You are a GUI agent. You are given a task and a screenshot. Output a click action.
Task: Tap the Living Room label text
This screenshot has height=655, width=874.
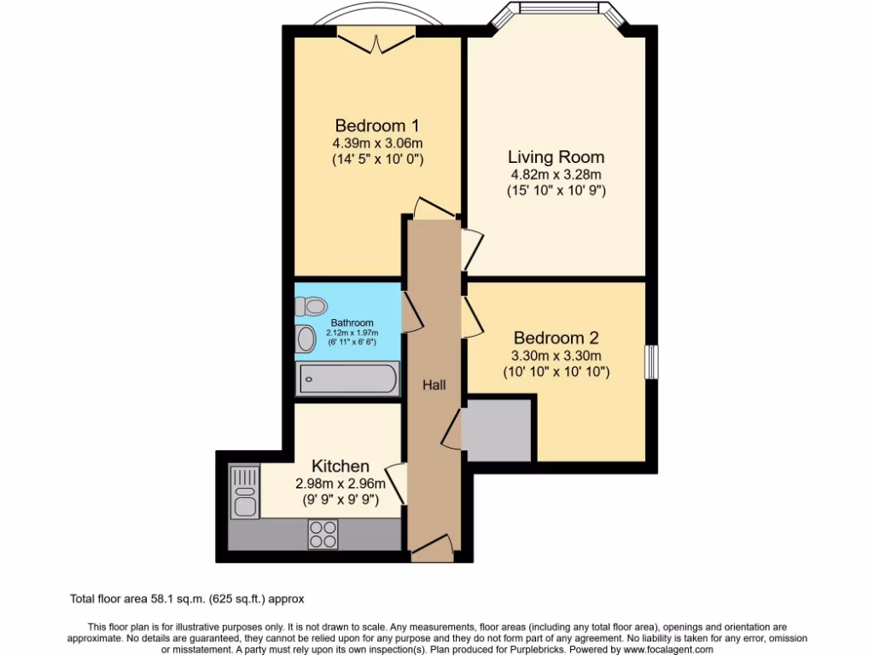click(x=556, y=157)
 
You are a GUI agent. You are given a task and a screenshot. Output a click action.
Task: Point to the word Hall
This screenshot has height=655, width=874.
click(x=434, y=385)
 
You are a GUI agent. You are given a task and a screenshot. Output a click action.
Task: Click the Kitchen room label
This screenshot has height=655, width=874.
click(x=340, y=466)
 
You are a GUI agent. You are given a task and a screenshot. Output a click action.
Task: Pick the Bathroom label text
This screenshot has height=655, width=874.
click(x=352, y=323)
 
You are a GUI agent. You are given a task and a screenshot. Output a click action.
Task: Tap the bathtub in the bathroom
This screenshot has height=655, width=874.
click(x=347, y=379)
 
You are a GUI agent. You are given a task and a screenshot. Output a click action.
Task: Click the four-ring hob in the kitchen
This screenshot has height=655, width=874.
click(x=323, y=534)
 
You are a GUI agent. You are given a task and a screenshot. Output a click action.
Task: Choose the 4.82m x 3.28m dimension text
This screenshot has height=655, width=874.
click(x=556, y=175)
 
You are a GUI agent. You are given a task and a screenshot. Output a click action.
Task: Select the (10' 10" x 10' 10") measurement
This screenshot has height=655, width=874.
click(x=558, y=373)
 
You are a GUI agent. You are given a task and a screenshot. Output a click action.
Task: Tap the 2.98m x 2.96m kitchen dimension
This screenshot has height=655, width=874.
click(x=340, y=484)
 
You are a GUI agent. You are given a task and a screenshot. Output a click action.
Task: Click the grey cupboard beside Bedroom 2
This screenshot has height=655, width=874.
click(x=499, y=428)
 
